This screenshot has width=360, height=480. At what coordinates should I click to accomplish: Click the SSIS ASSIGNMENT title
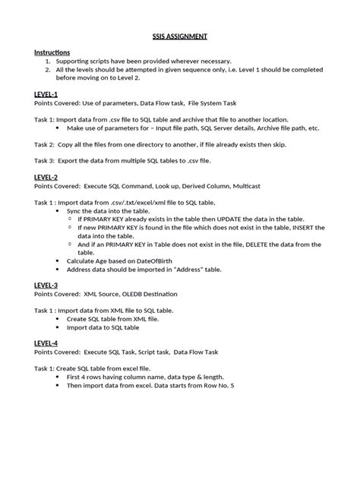click(180, 36)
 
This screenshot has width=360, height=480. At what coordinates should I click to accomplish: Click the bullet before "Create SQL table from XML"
click(60, 319)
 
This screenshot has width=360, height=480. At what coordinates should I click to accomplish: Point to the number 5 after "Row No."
click(232, 386)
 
